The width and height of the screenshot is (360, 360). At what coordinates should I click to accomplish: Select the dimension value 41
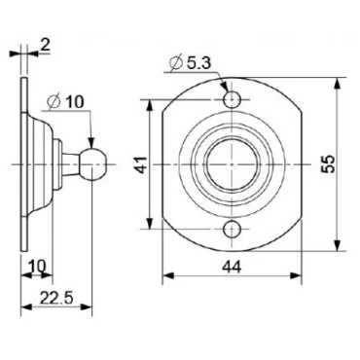(140, 166)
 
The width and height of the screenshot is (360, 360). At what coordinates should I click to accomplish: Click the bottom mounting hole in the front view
(233, 230)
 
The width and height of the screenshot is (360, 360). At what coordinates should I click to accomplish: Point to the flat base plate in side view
(20, 165)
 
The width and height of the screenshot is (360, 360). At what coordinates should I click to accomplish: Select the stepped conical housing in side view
(39, 165)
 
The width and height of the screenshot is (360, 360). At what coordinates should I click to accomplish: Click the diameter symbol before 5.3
(175, 64)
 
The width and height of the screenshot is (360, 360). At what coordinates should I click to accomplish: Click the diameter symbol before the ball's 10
(53, 99)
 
